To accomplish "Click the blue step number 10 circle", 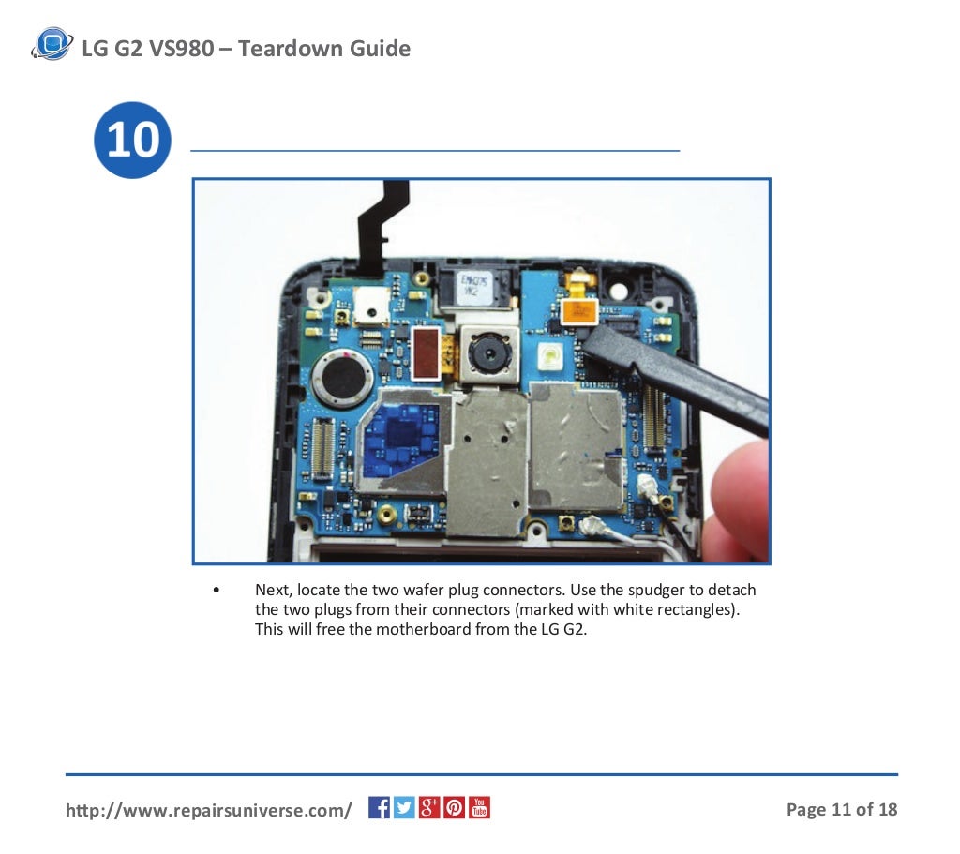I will click(x=132, y=141).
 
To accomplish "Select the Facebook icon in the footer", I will click(x=379, y=807).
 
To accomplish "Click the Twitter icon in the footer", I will click(x=404, y=807).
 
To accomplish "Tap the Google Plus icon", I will click(x=429, y=807).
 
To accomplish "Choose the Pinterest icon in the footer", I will click(x=455, y=807).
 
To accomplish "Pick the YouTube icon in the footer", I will click(x=479, y=807).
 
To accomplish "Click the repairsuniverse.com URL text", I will click(x=208, y=809).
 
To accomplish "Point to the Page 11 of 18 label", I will click(x=841, y=809).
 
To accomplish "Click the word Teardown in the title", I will click(x=292, y=48).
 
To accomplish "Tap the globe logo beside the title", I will click(x=52, y=44).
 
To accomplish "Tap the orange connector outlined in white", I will click(x=577, y=311).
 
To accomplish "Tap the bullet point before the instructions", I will click(x=217, y=590).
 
